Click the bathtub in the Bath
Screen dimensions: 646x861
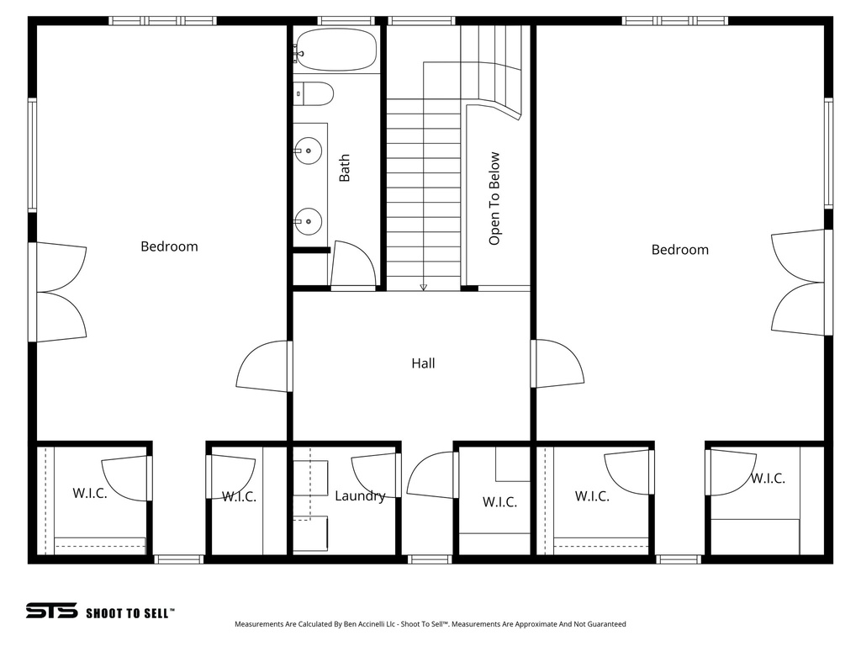336,50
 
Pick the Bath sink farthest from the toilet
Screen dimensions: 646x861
309,222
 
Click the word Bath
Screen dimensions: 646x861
345,167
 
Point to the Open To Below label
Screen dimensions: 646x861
494,199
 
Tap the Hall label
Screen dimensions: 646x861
423,363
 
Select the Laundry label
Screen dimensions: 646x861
360,496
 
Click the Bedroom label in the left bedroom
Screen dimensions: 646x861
169,246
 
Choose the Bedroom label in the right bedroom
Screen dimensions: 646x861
679,250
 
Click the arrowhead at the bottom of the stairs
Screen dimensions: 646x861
423,287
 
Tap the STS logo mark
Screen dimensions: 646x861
51,612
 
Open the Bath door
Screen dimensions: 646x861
353,266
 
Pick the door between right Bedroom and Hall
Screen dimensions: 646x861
557,364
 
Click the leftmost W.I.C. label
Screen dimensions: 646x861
89,493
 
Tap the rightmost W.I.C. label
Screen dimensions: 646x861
768,479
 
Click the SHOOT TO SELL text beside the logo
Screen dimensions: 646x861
130,613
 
